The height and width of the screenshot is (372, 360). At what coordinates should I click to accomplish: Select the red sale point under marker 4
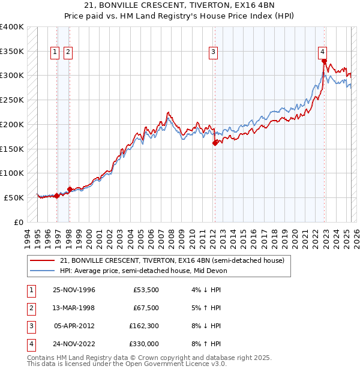point(324,61)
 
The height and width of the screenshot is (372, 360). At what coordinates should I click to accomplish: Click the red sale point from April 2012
point(215,143)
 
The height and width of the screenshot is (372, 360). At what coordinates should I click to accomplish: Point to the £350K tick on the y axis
point(11,51)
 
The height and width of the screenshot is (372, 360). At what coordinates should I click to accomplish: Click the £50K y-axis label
point(14,197)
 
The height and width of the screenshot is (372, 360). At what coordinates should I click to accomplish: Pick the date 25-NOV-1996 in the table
point(74,290)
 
